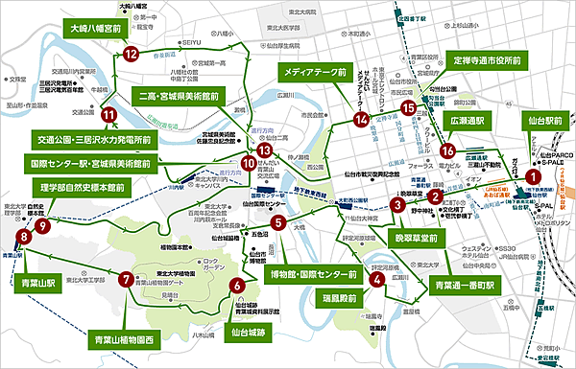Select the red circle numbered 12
point(132,55)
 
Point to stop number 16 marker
point(446,150)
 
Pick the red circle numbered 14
point(361,120)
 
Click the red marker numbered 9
point(42,223)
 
